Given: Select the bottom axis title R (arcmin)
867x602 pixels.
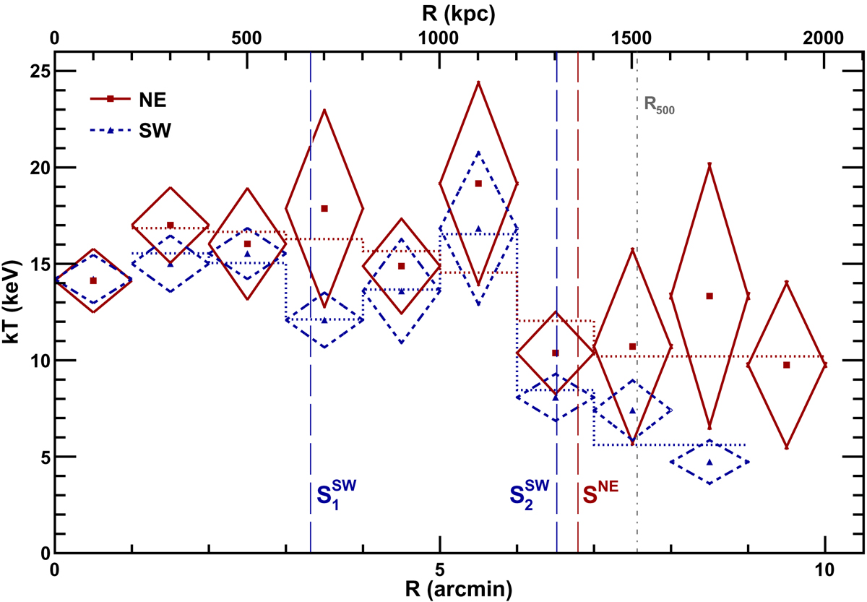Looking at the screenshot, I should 440,589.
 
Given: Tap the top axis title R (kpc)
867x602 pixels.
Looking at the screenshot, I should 439,12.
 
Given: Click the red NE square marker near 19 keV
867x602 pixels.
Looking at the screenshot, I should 478,184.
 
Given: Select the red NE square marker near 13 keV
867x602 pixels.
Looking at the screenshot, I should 709,296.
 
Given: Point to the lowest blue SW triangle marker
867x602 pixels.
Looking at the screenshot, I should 709,462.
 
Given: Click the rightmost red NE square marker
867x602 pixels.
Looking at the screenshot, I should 786,365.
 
